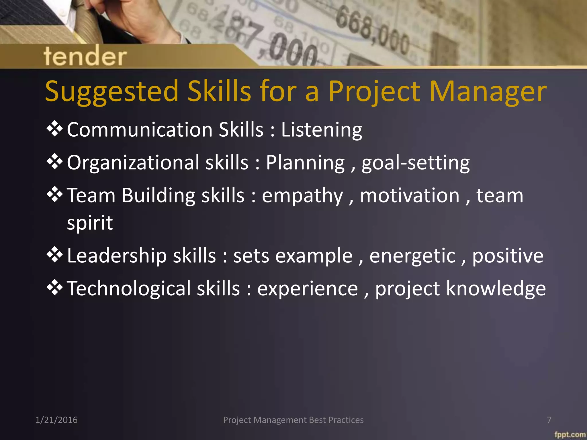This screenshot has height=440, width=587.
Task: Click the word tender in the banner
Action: pyautogui.click(x=85, y=56)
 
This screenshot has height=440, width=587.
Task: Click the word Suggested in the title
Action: pyautogui.click(x=112, y=92)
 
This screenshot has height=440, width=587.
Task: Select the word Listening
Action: pyautogui.click(x=322, y=130)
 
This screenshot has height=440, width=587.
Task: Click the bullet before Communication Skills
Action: pyautogui.click(x=54, y=129)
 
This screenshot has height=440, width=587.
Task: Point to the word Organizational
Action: pyautogui.click(x=133, y=163)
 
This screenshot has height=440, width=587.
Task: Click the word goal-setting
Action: pyautogui.click(x=416, y=163)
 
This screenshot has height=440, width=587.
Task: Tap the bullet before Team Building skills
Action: pyautogui.click(x=54, y=195)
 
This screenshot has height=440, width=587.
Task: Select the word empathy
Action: pyautogui.click(x=302, y=196)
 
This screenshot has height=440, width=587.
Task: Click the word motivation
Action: pyautogui.click(x=410, y=195)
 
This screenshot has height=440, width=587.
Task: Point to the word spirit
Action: pyautogui.click(x=90, y=223)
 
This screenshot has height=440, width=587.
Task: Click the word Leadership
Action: pyautogui.click(x=117, y=256)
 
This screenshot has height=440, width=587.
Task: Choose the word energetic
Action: pyautogui.click(x=412, y=256)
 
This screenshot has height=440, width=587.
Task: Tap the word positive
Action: pyautogui.click(x=508, y=256)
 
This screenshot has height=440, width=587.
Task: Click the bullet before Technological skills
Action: pyautogui.click(x=54, y=288)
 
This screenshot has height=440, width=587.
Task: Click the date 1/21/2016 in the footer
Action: pyautogui.click(x=56, y=420)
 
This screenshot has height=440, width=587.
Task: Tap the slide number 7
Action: pyautogui.click(x=549, y=420)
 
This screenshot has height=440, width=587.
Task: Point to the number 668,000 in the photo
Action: pyautogui.click(x=373, y=32)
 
